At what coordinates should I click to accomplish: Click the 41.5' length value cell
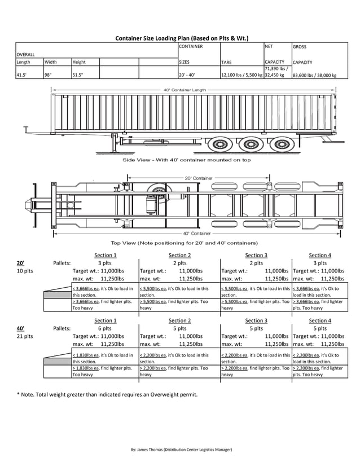(23, 74)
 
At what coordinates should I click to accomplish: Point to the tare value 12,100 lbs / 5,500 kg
(242, 74)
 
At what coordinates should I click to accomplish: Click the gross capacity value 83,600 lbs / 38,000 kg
(314, 74)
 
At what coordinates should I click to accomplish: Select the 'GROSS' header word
(300, 47)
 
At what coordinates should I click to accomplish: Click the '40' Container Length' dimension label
(185, 90)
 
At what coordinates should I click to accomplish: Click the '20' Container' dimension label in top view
(199, 178)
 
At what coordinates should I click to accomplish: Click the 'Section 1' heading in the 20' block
(106, 256)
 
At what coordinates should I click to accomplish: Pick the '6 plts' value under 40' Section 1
(104, 328)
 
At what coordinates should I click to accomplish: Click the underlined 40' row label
(20, 328)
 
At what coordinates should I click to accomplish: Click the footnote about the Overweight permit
(107, 394)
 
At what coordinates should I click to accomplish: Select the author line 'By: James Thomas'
(181, 449)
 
